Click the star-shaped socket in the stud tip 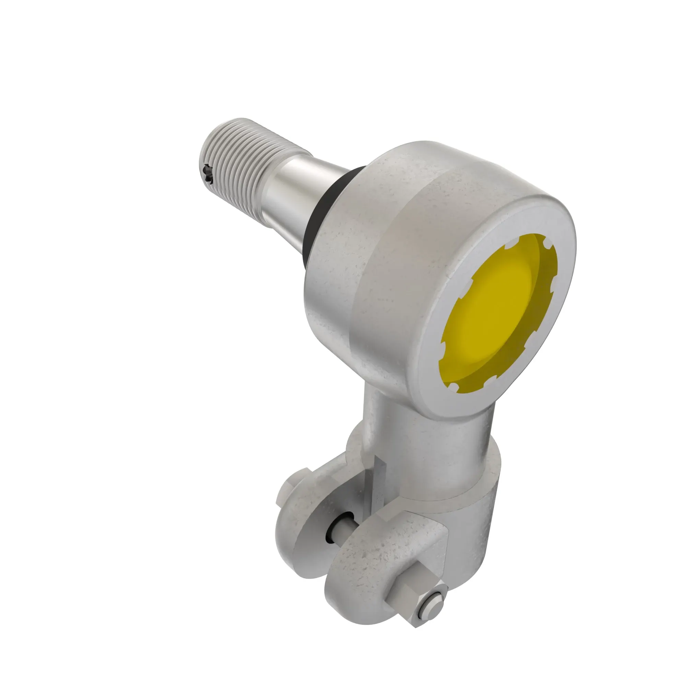point(207,175)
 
